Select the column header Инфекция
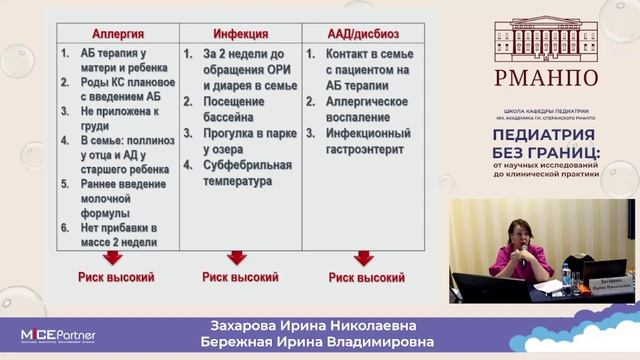tap(238, 33)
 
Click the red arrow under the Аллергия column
tap(113, 259)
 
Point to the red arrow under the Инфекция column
tap(237, 259)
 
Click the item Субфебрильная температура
tap(247, 173)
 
